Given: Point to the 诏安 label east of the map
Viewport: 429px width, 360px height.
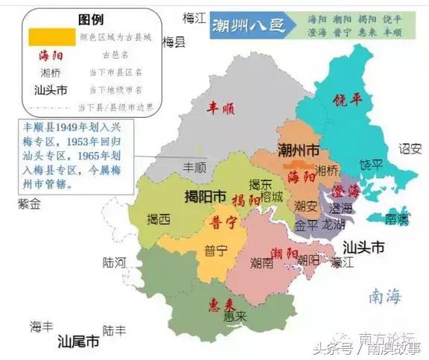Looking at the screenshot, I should point(409,148).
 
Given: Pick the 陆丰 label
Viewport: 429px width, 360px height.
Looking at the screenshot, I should point(114,329).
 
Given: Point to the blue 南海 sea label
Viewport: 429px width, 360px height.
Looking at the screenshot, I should point(384,297).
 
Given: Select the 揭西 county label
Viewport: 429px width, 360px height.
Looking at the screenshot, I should point(158,219).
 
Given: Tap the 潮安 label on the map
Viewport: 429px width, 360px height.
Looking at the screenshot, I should point(305,205).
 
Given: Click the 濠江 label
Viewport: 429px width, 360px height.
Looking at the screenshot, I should point(343,262).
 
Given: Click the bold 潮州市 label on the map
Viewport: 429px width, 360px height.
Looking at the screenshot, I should point(298,150).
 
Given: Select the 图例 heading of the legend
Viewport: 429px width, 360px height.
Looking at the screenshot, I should point(92,19).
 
